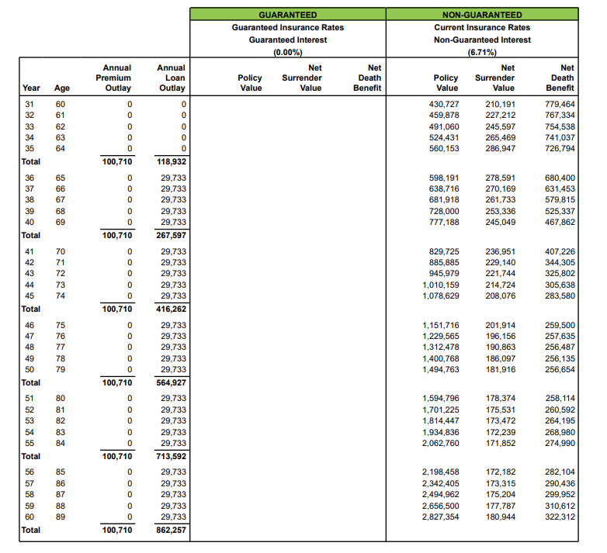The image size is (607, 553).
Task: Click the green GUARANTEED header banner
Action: tap(287, 15)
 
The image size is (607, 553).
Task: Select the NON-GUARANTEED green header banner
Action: tap(482, 15)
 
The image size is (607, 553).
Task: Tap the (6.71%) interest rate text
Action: tap(482, 52)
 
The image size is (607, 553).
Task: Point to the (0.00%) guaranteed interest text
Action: tap(287, 52)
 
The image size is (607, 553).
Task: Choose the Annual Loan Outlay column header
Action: tap(171, 78)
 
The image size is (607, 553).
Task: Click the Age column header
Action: tap(61, 88)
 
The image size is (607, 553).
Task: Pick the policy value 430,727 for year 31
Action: tap(443, 104)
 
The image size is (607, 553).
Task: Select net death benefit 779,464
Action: tap(560, 104)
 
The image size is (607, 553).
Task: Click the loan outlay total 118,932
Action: tap(172, 161)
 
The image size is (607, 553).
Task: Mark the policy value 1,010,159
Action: tap(440, 285)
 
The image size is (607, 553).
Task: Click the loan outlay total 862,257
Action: tap(172, 531)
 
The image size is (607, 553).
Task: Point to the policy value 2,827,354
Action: tap(440, 517)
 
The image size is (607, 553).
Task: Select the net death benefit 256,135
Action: tap(560, 359)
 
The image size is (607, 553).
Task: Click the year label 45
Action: tap(29, 296)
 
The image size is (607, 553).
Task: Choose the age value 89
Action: tap(61, 517)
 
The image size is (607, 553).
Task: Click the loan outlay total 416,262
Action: tap(172, 309)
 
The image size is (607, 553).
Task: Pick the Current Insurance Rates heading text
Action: tap(482, 27)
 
